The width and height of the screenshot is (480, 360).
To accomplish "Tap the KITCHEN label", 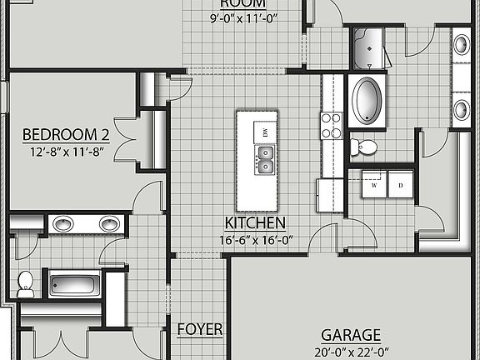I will coord(256,223).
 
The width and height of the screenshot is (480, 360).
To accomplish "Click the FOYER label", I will coord(200,329).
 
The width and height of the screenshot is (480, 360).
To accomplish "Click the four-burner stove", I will coord(331,125).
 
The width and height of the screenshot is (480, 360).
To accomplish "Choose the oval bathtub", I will coord(367,101).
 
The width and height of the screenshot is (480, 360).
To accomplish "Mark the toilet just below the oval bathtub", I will coord(363,147).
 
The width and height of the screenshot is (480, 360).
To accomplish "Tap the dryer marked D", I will coord(400,186).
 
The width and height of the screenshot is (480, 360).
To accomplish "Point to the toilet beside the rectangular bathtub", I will coord(25,282).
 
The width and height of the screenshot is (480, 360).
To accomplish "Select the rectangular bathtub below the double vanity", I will coord(74,283).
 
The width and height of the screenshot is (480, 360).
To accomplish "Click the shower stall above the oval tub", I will coord(367,50).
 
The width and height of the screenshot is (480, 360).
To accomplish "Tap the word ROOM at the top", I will coord(243,2).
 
